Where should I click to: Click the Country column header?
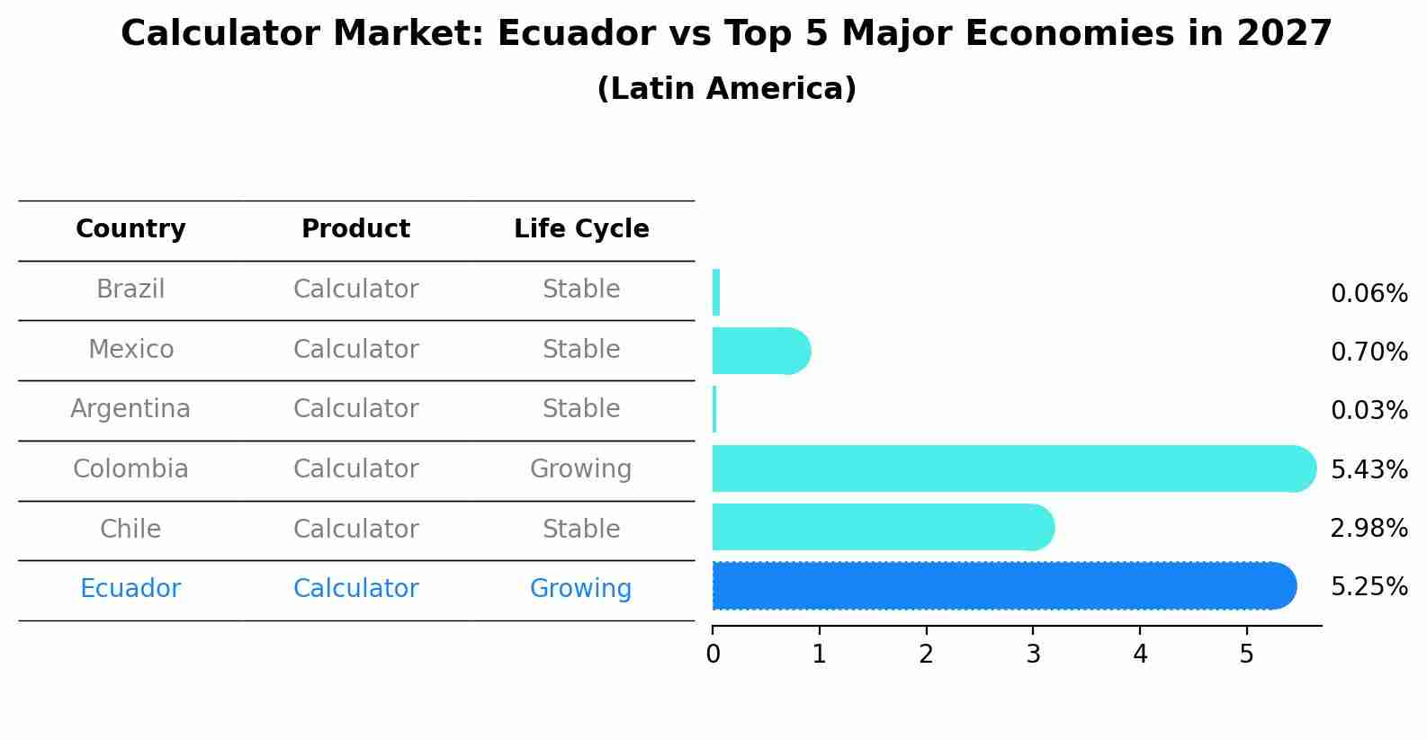(130, 229)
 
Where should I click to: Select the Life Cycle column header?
(581, 229)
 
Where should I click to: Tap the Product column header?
(355, 229)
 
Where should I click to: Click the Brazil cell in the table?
(130, 290)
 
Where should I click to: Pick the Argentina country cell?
(130, 409)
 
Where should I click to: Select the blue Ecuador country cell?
(130, 589)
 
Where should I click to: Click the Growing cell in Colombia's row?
(581, 469)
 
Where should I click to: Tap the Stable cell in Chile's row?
(581, 529)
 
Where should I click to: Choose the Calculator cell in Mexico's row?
(355, 350)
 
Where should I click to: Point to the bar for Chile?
(882, 527)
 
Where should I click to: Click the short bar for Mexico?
(760, 351)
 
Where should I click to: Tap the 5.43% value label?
(1369, 469)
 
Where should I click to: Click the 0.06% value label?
(1369, 294)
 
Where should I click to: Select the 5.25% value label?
(1369, 587)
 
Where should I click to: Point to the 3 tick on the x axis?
(1033, 655)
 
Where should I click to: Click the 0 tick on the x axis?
(713, 655)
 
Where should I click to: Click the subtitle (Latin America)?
(726, 89)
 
